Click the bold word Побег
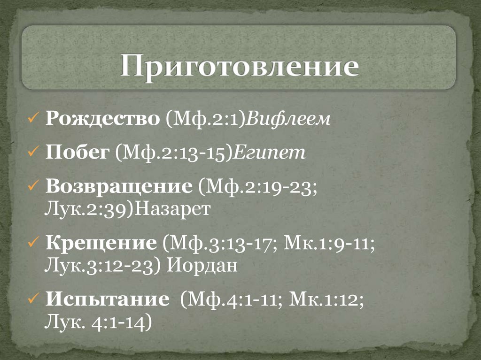tap(77, 153)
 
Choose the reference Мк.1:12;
tap(326, 299)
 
